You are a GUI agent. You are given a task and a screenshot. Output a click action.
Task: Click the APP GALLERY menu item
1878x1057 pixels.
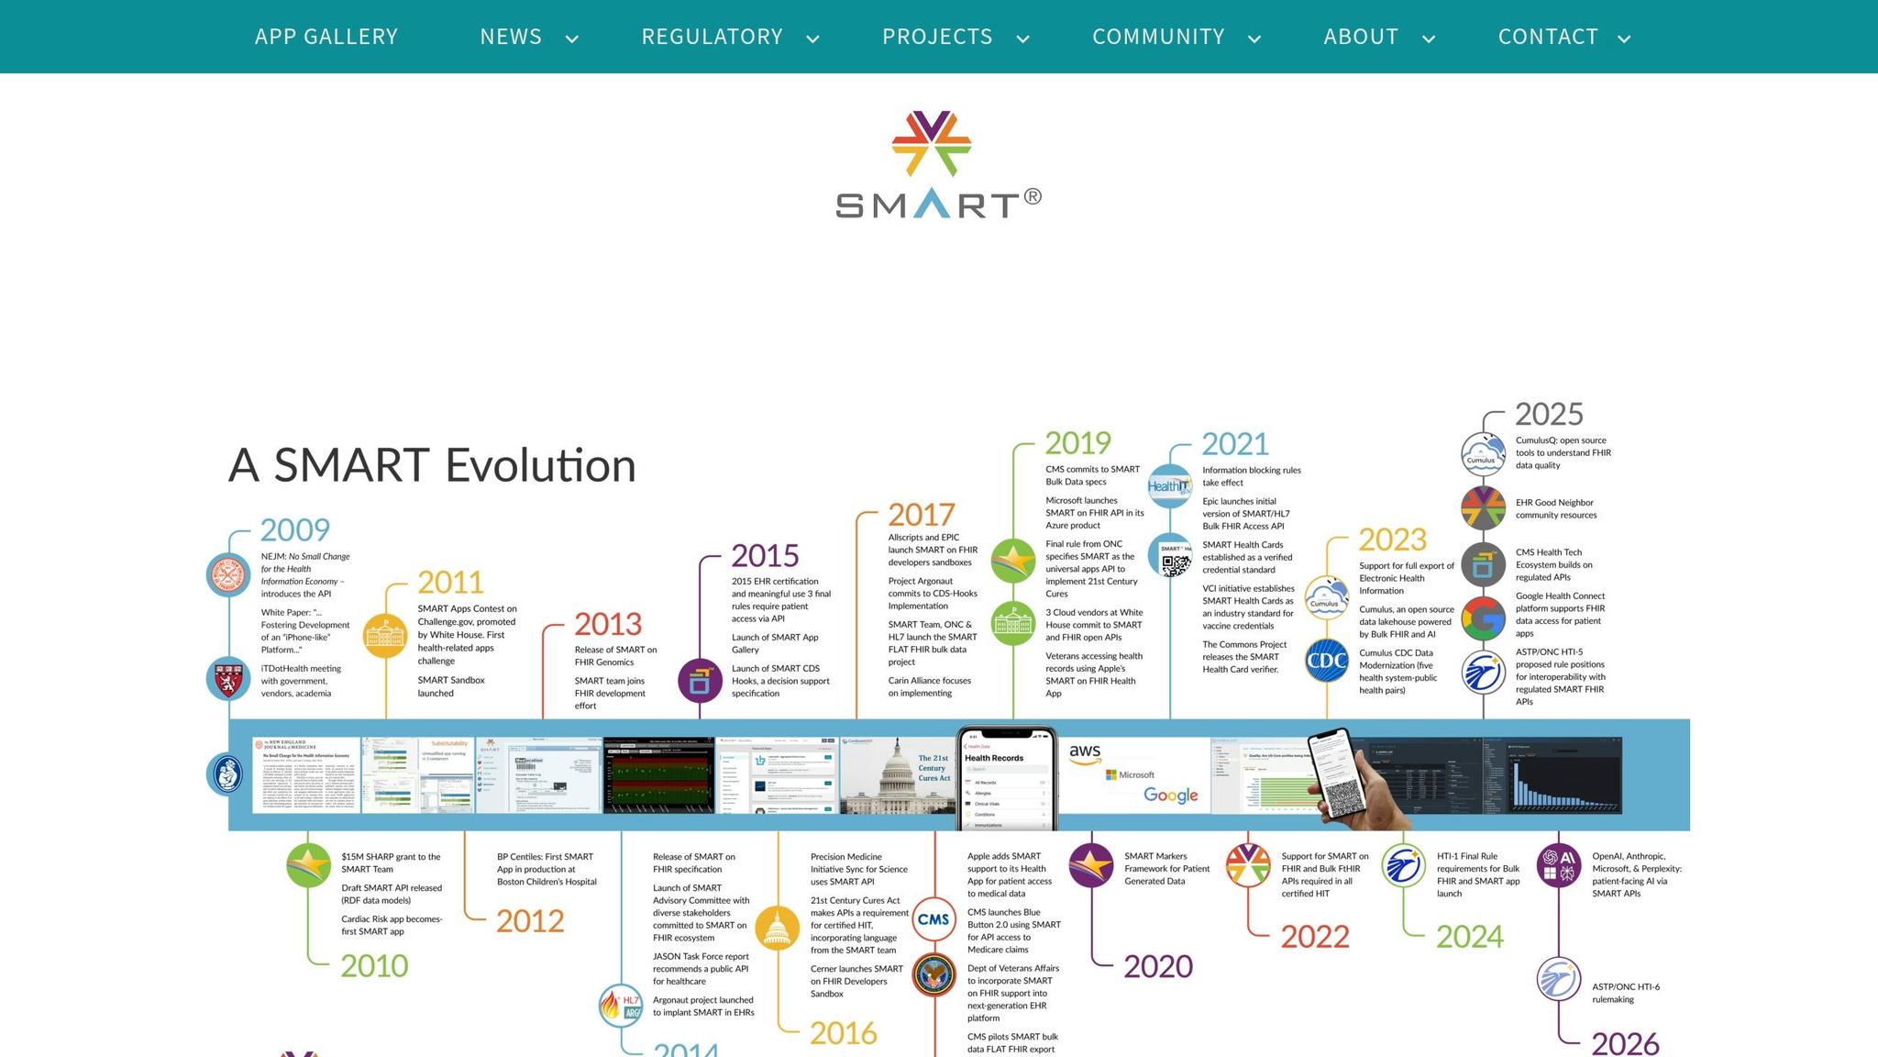pos(326,37)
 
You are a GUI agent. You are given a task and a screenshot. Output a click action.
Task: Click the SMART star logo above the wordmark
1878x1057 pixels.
pos(931,144)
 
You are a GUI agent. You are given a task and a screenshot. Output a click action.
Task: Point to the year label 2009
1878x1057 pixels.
pos(294,530)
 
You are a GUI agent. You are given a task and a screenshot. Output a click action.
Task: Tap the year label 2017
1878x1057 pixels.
pos(921,515)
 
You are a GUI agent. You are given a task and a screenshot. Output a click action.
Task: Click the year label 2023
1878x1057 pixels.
pos(1392,540)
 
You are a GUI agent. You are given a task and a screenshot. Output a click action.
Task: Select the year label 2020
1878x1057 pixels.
pos(1158,966)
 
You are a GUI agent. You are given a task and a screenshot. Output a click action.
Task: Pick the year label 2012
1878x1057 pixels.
pos(530,921)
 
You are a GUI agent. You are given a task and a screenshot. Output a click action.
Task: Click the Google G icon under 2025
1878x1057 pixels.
pos(1483,618)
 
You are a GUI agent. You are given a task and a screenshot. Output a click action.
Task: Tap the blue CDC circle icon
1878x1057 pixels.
pos(1326,661)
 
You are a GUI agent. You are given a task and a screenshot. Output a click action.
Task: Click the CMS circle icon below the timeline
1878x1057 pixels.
pos(933,919)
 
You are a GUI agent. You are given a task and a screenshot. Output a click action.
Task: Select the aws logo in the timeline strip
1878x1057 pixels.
pos(1085,752)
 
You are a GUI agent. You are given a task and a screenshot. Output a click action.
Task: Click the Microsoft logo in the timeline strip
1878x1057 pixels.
pos(1130,775)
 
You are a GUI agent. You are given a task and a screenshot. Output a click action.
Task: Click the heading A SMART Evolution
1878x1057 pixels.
pos(432,464)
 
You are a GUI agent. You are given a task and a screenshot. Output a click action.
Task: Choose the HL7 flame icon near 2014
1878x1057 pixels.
pos(621,1006)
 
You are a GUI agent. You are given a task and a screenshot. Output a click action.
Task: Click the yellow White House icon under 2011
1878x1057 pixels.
pos(385,635)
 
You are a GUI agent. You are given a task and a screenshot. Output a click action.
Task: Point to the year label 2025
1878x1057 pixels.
pos(1549,415)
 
